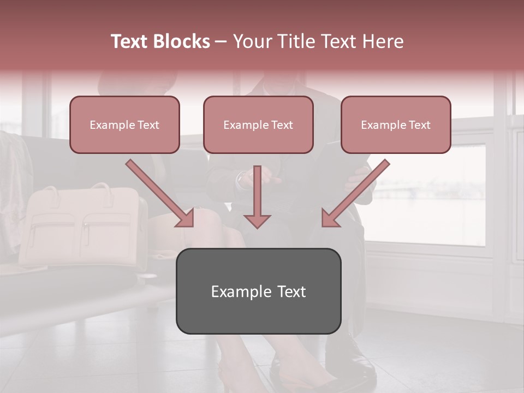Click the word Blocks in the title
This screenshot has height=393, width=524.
click(181, 41)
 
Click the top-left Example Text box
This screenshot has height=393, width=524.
click(124, 125)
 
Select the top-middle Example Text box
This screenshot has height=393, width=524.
click(258, 125)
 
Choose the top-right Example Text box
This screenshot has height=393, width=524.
click(396, 125)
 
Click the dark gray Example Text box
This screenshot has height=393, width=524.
click(258, 291)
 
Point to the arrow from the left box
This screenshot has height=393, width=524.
click(162, 194)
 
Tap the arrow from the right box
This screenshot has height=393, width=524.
click(355, 194)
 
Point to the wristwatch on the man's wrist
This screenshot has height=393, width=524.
click(241, 179)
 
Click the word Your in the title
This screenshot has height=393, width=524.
click(252, 41)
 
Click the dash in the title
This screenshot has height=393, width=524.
click(221, 41)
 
